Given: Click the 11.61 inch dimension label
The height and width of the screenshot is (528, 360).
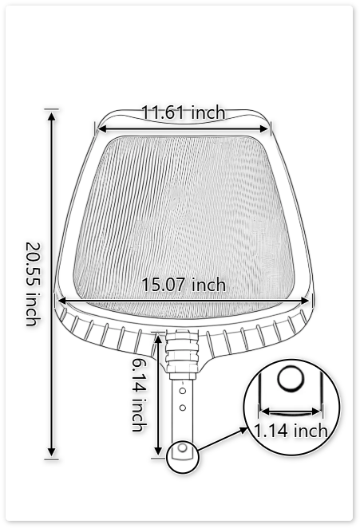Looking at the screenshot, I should tap(183, 112).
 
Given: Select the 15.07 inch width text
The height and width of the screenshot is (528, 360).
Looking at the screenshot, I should tap(184, 285).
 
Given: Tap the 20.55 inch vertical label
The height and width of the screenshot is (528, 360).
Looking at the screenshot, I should tap(33, 283).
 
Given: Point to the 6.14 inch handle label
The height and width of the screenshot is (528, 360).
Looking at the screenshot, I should tap(139, 394).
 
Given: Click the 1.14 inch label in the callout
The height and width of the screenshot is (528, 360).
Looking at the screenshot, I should tap(291, 431).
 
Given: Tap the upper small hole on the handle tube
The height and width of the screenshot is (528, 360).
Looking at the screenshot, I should tap(183, 392).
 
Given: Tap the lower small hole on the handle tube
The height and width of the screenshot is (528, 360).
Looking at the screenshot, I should tap(183, 408).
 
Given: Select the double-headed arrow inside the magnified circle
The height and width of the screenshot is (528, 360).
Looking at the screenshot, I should tap(291, 412).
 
